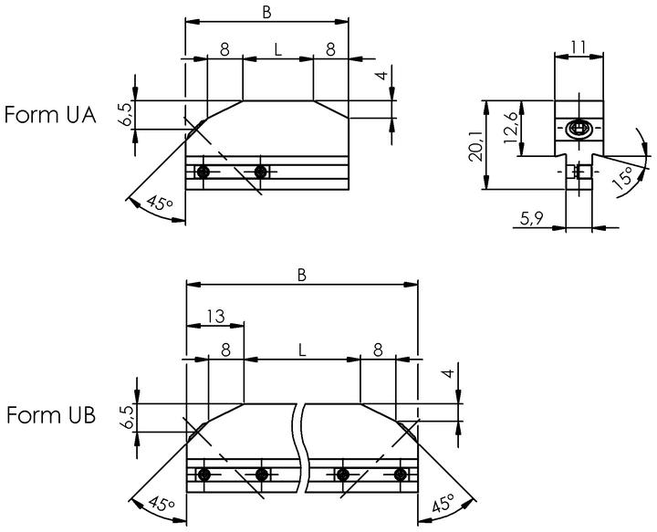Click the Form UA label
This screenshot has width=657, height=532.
(50, 115)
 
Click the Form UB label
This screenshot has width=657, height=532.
(51, 415)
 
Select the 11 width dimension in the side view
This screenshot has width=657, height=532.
(579, 47)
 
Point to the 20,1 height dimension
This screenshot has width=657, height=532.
(475, 145)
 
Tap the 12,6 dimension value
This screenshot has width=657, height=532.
(510, 128)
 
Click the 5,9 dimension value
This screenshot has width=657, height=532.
(532, 218)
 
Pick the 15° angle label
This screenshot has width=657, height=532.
(623, 178)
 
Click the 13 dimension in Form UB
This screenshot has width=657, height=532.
(215, 317)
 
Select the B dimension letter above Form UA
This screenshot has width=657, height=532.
(266, 13)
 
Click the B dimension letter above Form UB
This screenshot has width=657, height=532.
(302, 276)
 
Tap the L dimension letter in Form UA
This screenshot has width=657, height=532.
(277, 50)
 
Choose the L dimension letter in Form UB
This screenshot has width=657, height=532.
(302, 349)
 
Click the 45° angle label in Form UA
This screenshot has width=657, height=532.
(160, 204)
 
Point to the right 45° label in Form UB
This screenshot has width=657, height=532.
(443, 503)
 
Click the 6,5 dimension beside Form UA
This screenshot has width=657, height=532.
(126, 114)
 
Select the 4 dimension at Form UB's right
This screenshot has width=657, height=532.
(449, 373)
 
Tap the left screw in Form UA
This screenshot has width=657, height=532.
(203, 172)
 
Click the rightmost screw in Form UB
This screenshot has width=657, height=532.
(401, 475)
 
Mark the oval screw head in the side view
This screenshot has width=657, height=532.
(579, 129)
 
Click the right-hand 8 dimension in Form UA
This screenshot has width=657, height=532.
(330, 50)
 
